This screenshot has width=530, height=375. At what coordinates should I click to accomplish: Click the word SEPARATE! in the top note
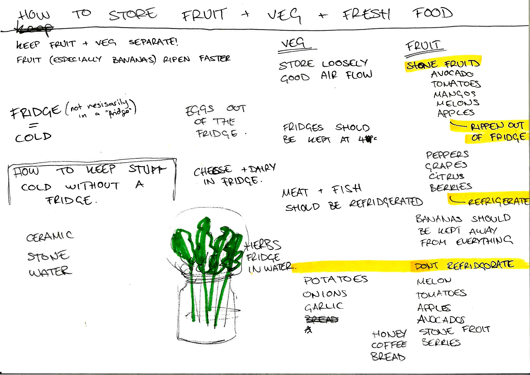point(153,42)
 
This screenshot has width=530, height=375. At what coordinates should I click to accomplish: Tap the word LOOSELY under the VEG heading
point(345,63)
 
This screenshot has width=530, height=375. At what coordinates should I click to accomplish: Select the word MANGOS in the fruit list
point(454,94)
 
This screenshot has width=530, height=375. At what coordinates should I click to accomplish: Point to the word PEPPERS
point(447,155)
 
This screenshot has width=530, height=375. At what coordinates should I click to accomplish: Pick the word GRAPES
point(446,165)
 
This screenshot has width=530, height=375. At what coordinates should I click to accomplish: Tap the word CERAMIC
point(50,236)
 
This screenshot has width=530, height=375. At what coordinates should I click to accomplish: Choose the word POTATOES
point(336,280)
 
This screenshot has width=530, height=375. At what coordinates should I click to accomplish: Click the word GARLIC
point(324,307)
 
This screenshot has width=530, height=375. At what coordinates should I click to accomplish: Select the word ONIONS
point(325,294)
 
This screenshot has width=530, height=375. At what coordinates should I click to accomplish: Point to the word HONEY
point(389,334)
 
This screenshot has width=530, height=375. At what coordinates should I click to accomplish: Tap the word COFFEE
point(389,345)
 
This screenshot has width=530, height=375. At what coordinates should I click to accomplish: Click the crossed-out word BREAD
point(322,319)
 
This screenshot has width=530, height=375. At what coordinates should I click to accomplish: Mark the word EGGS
point(200,110)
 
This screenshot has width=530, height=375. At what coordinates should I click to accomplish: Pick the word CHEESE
point(213,171)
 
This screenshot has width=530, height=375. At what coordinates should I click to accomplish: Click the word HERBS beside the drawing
point(263,245)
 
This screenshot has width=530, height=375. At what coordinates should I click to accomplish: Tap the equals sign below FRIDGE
point(33,125)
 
